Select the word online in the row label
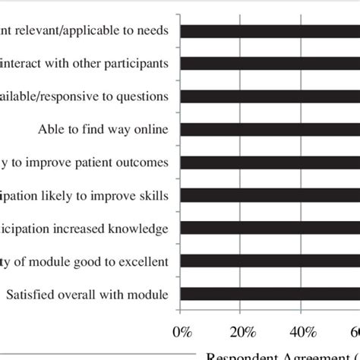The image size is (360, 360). click(x=156, y=129)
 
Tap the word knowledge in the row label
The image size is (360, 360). click(x=143, y=229)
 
